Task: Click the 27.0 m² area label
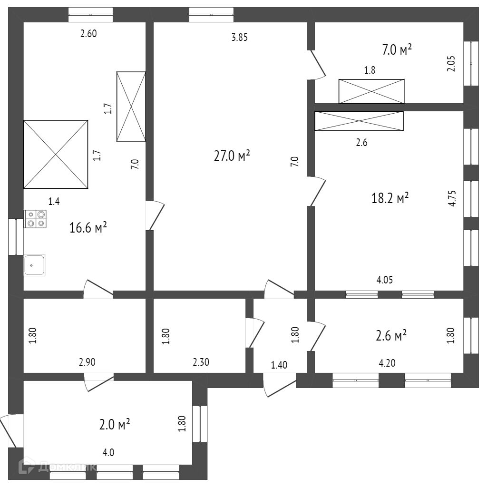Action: [232, 156]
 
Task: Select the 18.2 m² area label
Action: [390, 198]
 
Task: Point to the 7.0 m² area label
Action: [397, 49]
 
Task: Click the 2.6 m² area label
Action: [391, 336]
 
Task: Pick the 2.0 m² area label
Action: [115, 424]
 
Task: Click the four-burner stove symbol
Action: [36, 218]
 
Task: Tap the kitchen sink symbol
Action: [34, 265]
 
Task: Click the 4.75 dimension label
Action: [452, 198]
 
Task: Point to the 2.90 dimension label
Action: [88, 362]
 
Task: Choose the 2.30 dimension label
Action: [201, 362]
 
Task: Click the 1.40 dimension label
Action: [279, 365]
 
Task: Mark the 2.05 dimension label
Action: [451, 64]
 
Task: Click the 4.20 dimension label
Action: [387, 364]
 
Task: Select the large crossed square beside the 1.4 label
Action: [56, 154]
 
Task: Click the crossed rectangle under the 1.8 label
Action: [371, 91]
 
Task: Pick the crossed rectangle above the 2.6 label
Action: [359, 120]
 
